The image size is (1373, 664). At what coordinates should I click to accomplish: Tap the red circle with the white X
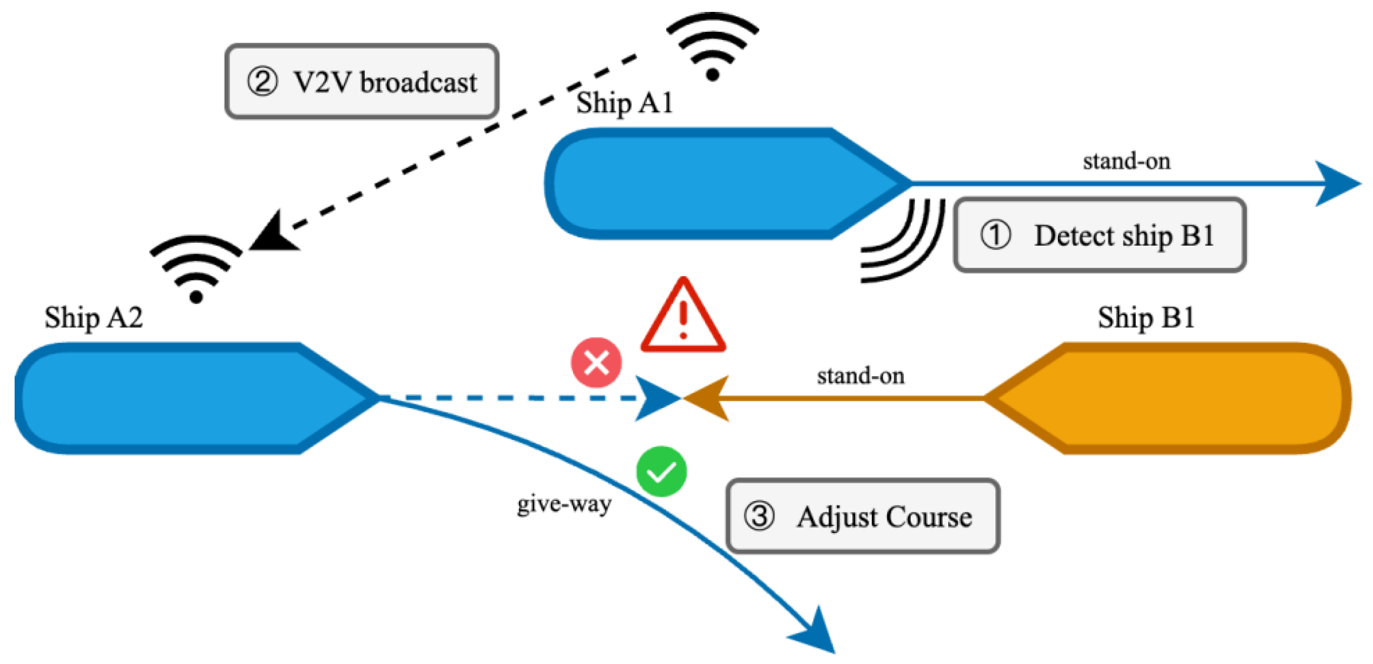click(x=596, y=363)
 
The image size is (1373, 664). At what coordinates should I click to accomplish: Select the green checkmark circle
click(x=661, y=471)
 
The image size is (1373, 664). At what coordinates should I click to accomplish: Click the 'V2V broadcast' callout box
click(x=362, y=82)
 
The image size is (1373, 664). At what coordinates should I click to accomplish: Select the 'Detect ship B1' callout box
click(x=1100, y=235)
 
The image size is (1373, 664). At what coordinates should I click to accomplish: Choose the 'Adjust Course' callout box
click(x=863, y=516)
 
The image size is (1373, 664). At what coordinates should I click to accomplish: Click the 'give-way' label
click(x=564, y=504)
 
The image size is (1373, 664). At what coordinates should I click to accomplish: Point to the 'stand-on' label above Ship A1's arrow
click(x=1126, y=161)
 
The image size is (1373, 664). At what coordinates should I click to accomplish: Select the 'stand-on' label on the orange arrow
click(x=860, y=376)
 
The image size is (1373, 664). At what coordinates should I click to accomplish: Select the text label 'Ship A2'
click(x=94, y=318)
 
